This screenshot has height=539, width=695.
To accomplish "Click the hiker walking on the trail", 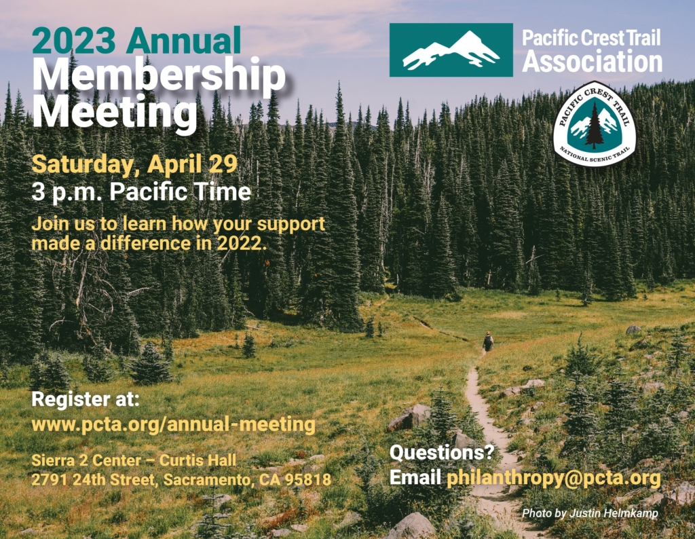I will pyautogui.click(x=487, y=341).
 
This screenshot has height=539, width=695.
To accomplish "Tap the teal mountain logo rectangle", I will pyautogui.click(x=451, y=50).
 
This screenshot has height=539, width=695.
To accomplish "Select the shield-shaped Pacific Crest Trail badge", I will pyautogui.click(x=594, y=124).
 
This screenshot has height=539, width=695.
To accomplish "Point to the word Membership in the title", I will pyautogui.click(x=159, y=76).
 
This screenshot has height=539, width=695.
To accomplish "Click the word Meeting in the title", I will pyautogui.click(x=115, y=111).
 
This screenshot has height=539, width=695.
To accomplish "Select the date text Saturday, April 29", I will pyautogui.click(x=134, y=164).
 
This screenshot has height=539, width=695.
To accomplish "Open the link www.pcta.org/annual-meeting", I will pyautogui.click(x=174, y=425).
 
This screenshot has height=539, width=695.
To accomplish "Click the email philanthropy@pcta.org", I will pyautogui.click(x=553, y=477).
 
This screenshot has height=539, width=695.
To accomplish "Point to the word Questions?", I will pyautogui.click(x=442, y=452).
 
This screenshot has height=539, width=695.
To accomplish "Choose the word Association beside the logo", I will pyautogui.click(x=592, y=62).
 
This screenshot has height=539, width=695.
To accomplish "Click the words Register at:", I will pyautogui.click(x=85, y=399).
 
